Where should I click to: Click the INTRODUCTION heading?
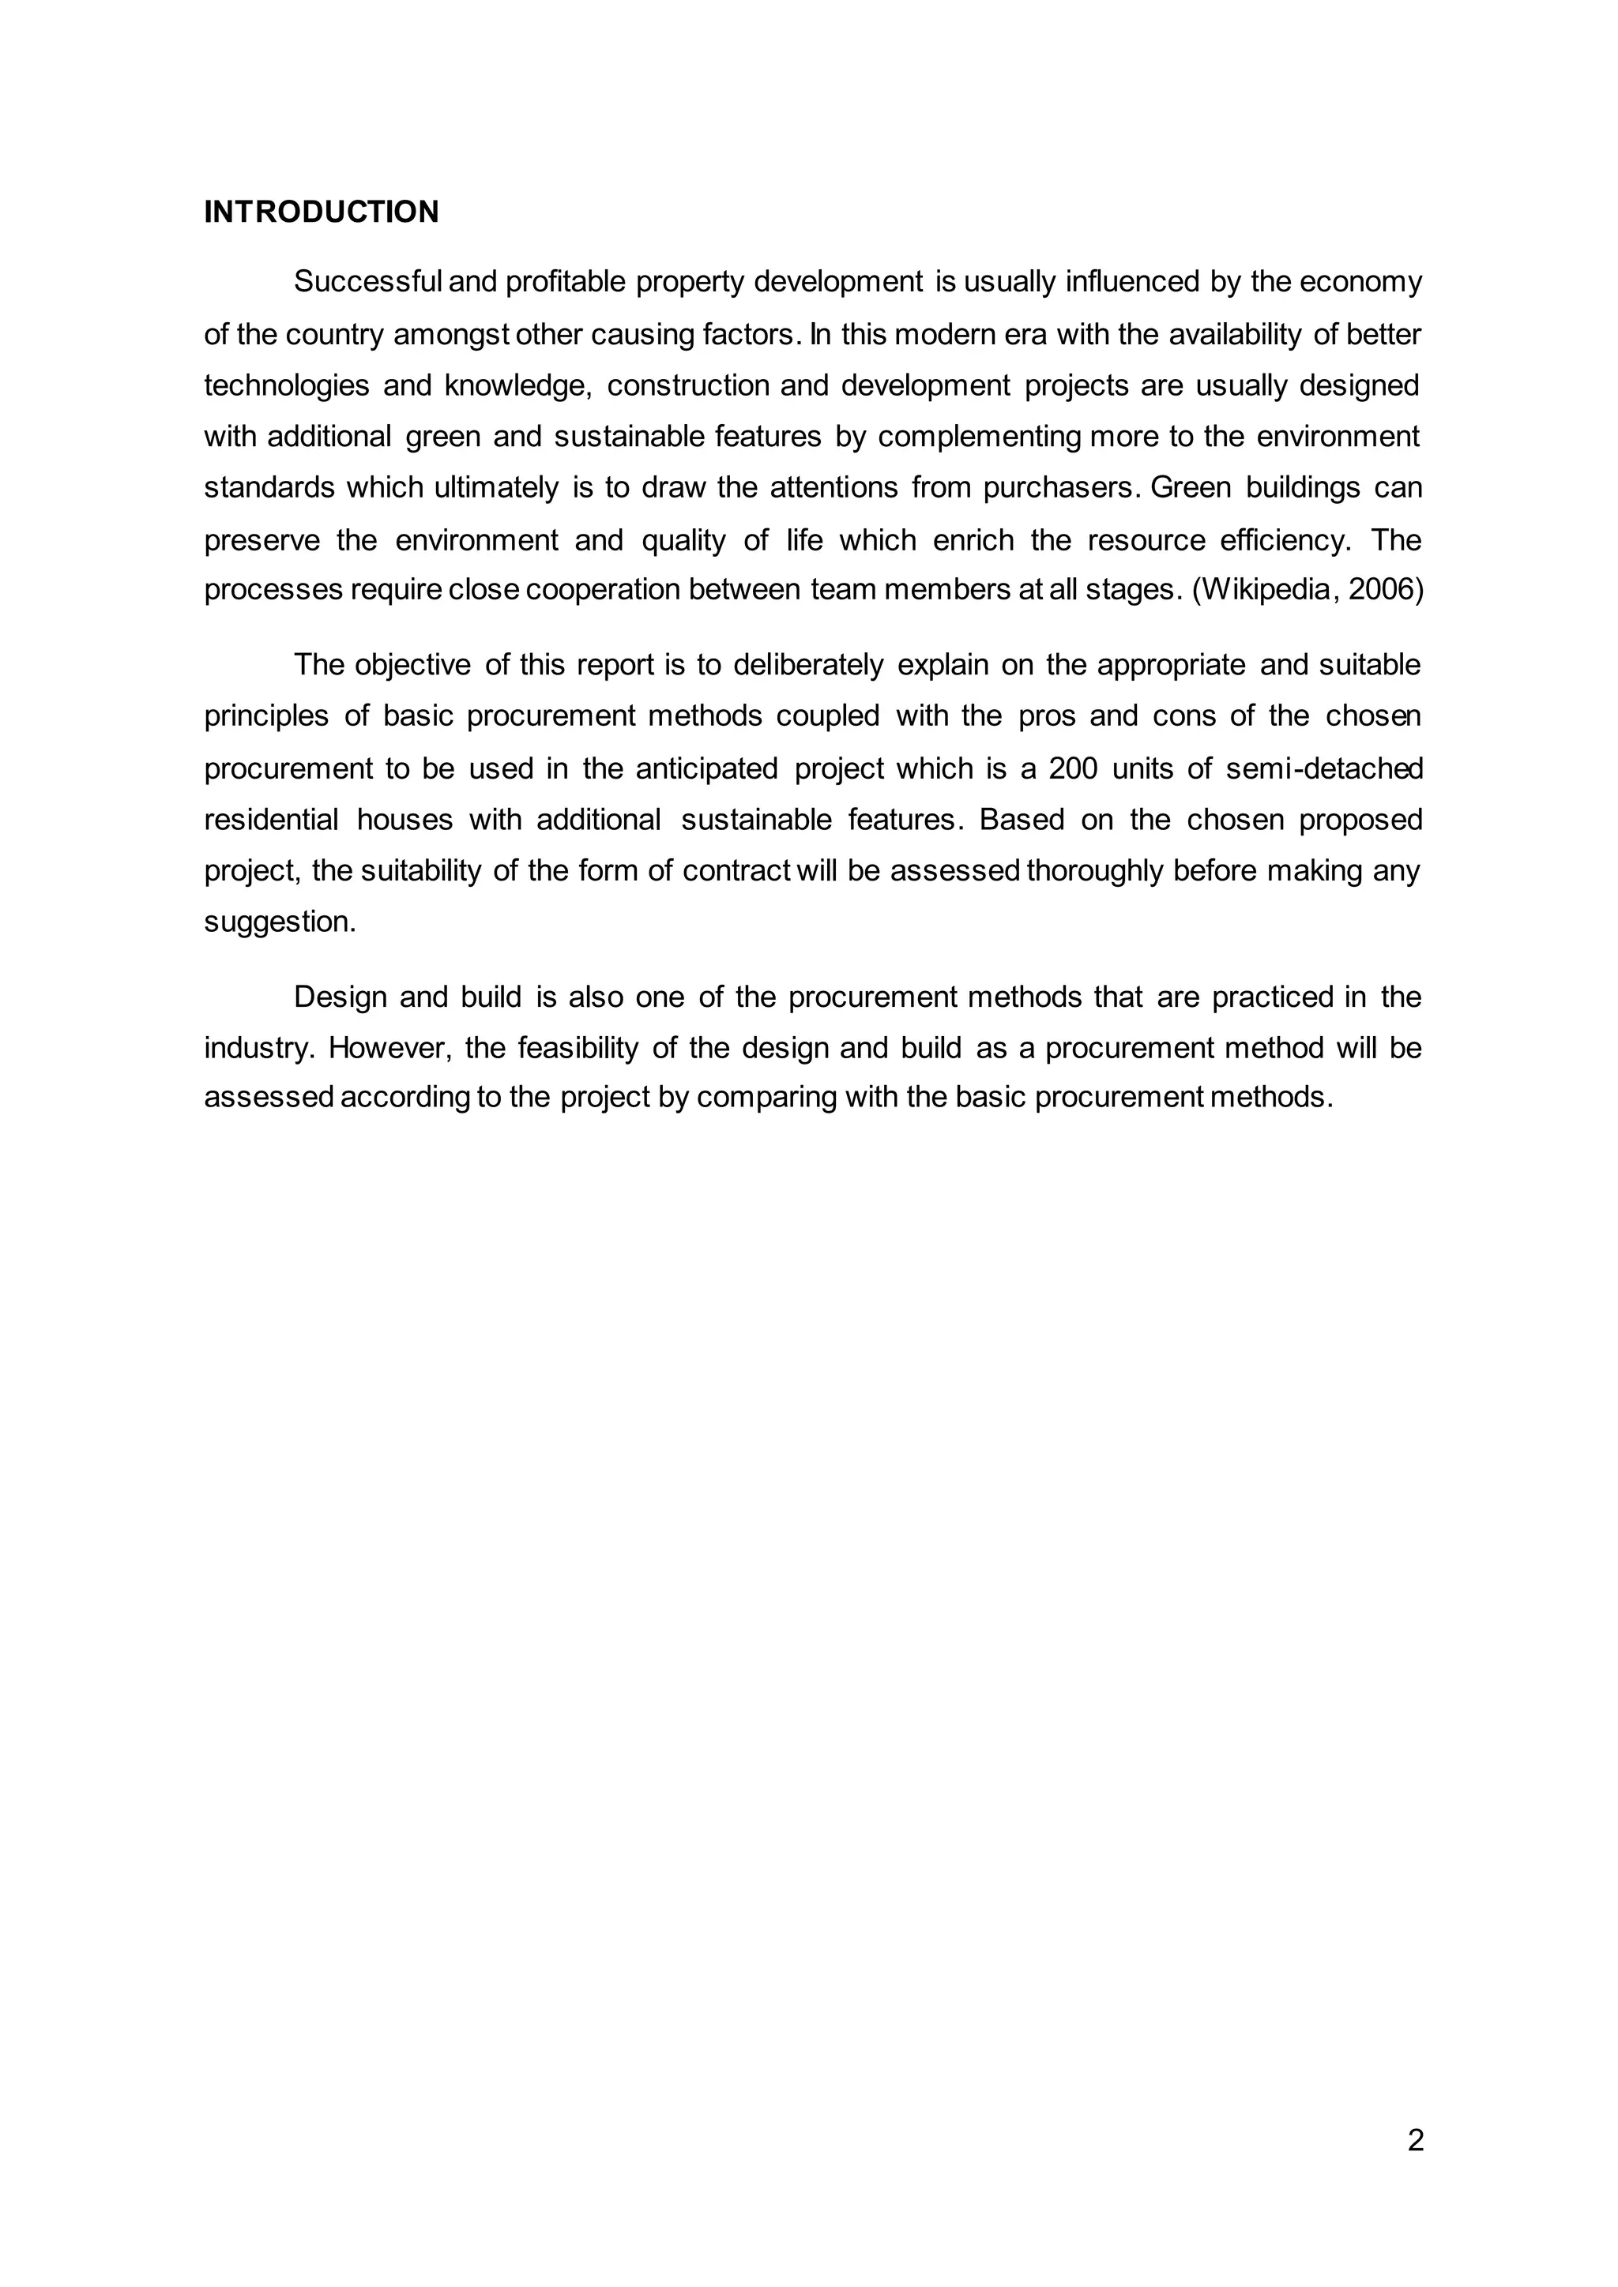click(x=321, y=212)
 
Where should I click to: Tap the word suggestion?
click(x=279, y=922)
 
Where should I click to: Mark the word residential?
click(x=271, y=820)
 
